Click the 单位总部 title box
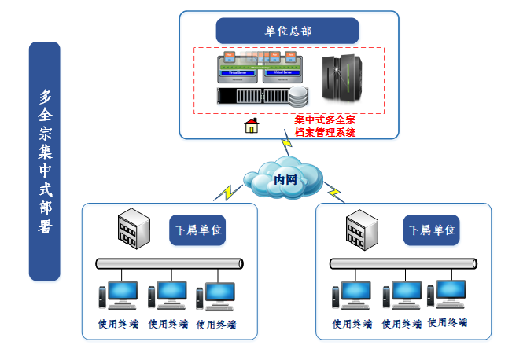(287, 31)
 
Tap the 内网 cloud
(284, 179)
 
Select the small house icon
(252, 125)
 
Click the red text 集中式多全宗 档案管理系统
(325, 126)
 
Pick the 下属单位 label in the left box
(197, 230)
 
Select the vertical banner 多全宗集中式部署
(44, 161)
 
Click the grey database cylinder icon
(299, 97)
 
